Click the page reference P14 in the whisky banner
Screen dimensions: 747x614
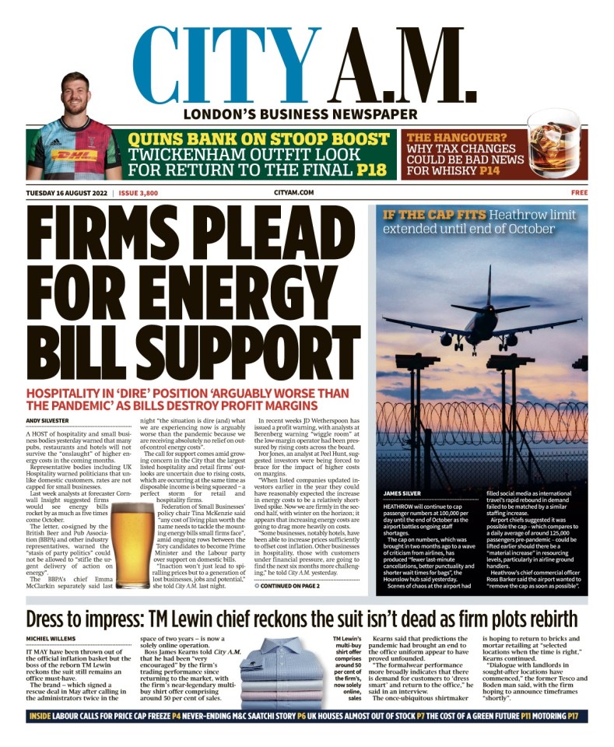[489, 170]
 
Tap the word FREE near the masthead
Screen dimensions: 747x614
[578, 192]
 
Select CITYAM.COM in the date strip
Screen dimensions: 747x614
[293, 192]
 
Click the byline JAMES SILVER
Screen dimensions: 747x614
[403, 493]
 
